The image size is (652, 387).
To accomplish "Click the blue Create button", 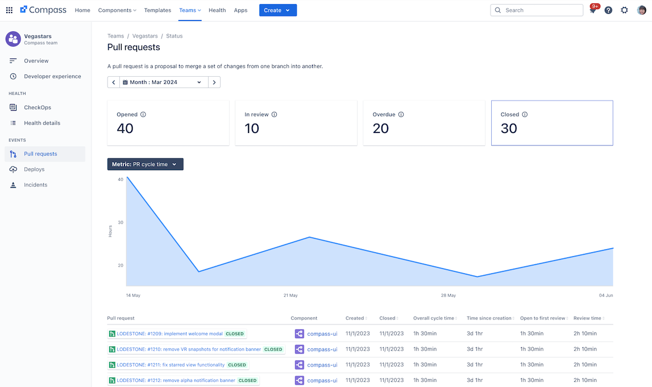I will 277,10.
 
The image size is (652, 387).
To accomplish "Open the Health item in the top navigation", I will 217,10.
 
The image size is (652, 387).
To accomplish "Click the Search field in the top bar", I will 537,10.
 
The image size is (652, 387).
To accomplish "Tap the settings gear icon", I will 624,10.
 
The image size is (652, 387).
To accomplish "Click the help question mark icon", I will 608,10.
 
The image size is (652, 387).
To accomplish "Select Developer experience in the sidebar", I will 52,76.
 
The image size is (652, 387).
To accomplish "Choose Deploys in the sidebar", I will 34,169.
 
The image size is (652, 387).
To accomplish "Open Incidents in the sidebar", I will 35,185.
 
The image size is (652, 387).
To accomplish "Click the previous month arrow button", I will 114,82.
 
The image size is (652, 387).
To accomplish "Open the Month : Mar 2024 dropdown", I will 163,82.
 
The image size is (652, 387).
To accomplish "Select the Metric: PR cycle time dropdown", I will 145,164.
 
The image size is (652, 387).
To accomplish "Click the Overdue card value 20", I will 381,128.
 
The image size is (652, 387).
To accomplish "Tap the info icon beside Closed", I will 525,114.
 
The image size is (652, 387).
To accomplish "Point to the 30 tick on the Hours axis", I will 121,222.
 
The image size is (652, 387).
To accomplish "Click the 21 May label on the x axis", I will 290,296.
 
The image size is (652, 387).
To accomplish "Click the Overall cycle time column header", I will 434,318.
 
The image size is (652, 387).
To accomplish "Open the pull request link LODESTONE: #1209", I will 169,334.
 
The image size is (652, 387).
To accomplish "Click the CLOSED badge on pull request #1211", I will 237,365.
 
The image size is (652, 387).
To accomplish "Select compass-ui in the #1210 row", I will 322,349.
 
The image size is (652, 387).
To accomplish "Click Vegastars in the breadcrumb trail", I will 145,36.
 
